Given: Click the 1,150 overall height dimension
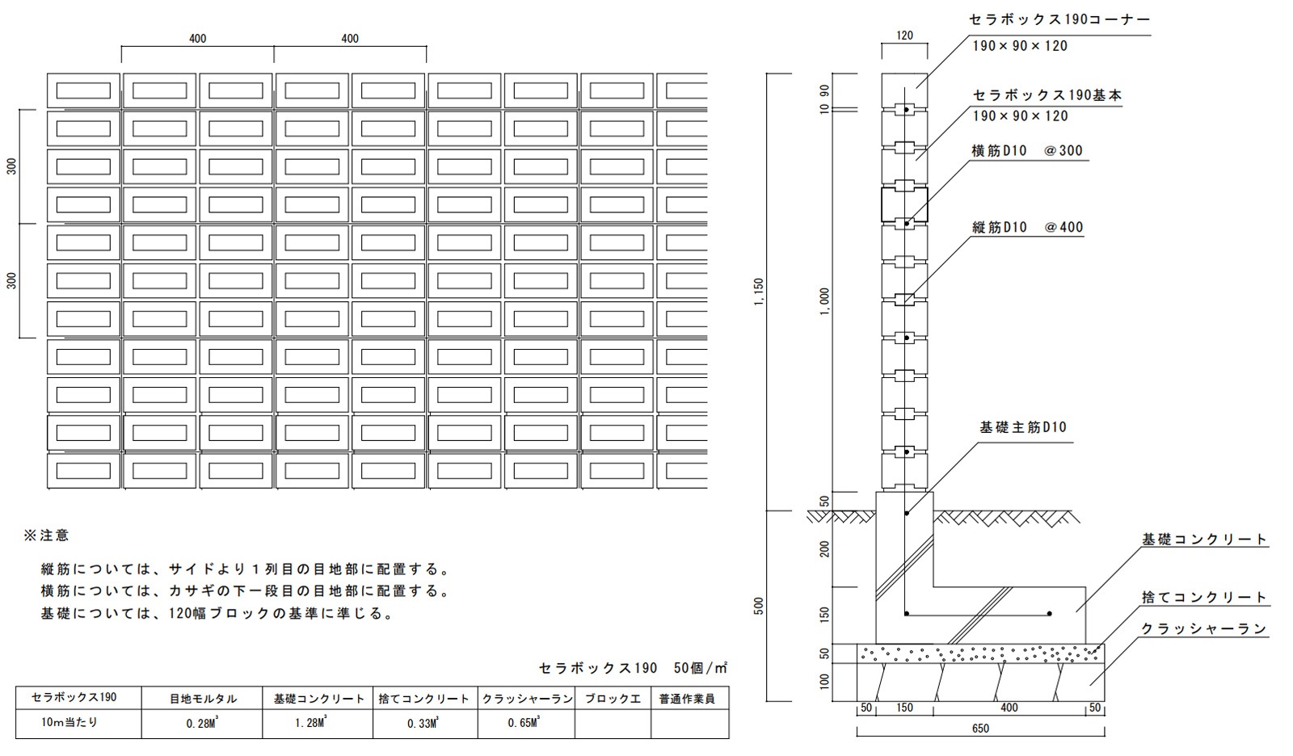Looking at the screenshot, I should point(759,292).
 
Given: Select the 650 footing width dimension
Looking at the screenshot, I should point(980,728).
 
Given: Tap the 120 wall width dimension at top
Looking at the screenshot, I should point(904,36).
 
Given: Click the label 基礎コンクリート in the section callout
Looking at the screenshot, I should point(1204,540).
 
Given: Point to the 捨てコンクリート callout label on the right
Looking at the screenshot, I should point(1204,598).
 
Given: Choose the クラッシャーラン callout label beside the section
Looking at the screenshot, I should point(1204,628).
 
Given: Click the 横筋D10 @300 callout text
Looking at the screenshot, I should point(1027,151).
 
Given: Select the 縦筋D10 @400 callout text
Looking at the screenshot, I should point(1027,228).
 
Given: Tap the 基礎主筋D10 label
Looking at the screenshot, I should point(1022,427).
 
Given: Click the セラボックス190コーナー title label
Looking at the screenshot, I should point(1059,19).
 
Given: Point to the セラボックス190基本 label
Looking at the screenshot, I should point(1047,95).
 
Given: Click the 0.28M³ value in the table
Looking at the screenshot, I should point(202,723).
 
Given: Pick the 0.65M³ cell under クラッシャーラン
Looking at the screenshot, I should point(526,723).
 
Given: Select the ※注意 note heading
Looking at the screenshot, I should point(47,535).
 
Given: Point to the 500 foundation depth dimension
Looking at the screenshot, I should point(759,606).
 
